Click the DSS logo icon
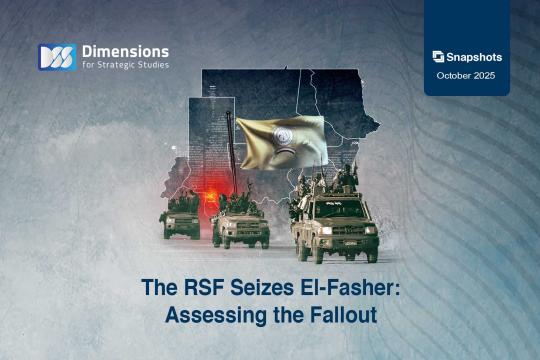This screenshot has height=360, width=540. pyautogui.click(x=57, y=58)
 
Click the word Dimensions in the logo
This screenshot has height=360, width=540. pyautogui.click(x=125, y=51)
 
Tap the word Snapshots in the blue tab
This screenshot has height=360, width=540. pyautogui.click(x=474, y=57)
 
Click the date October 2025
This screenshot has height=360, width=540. pyautogui.click(x=467, y=76)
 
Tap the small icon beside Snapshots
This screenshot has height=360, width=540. pyautogui.click(x=438, y=57)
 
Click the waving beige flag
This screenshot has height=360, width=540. pyautogui.click(x=280, y=141)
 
